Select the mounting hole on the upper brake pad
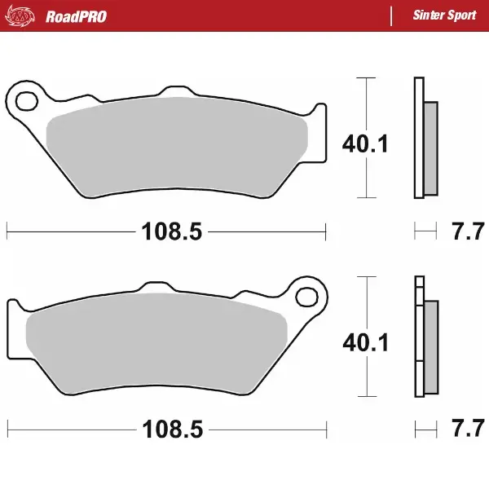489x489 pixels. coord(25,102)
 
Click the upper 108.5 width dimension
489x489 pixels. coord(171,232)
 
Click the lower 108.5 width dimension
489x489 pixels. coord(171,428)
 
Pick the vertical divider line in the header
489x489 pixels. coord(392,15)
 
